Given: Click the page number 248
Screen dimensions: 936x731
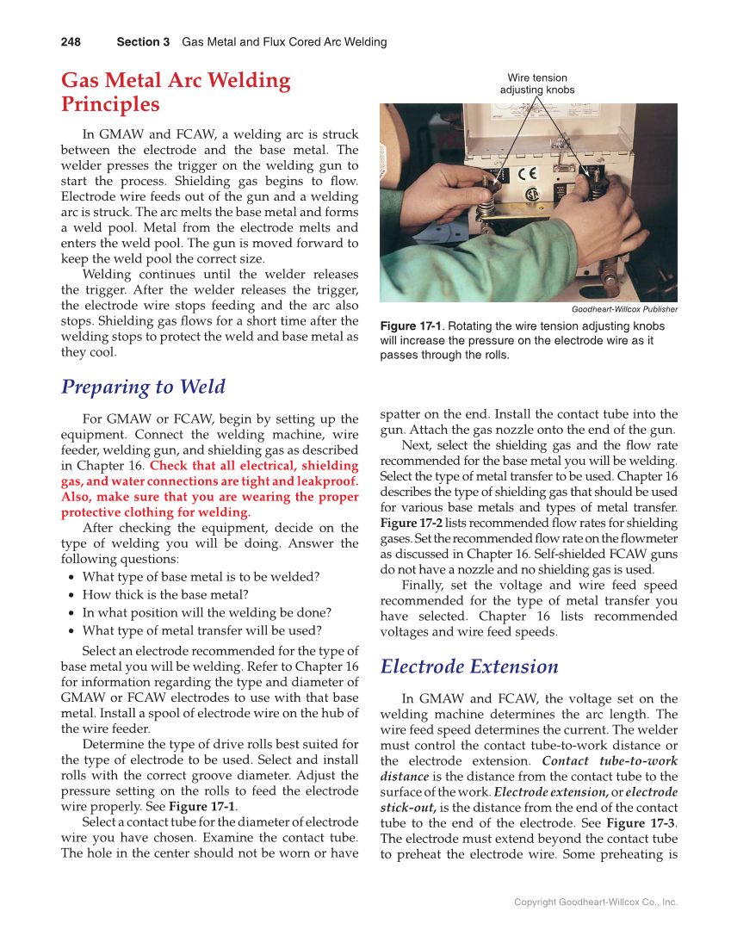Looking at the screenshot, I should pos(71,42).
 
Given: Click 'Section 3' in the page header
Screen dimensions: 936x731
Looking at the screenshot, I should pos(143,42).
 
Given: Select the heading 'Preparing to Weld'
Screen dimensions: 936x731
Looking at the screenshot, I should pos(143,387).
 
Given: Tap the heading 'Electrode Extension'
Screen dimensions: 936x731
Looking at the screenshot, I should pos(468,666).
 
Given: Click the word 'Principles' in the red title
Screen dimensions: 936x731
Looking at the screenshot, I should pos(110,105).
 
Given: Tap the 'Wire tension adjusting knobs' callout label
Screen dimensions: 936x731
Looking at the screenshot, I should pos(536,84).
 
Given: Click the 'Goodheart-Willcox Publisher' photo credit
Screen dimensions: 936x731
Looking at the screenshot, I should pos(624,309).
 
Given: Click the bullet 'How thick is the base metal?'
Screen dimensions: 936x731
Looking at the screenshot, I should pos(165,594).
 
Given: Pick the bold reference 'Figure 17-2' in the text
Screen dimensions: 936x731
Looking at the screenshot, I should pos(410,523).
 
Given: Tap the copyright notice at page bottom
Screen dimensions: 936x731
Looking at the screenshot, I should pos(596,902).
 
